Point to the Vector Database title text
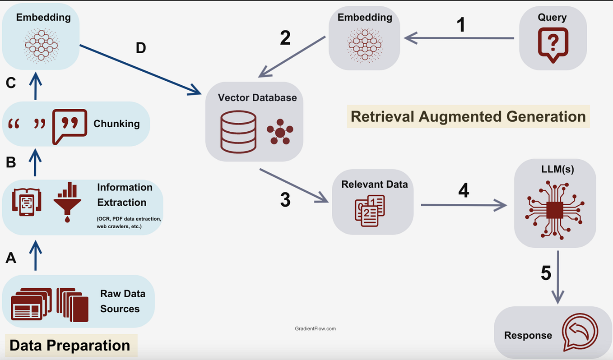point(257,97)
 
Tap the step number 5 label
point(546,273)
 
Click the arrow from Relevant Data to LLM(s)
point(463,205)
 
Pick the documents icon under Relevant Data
point(370,210)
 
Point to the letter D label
point(141,48)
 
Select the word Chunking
point(116,124)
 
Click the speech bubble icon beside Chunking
point(69,126)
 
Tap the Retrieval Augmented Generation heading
point(468,116)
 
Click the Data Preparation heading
point(70,346)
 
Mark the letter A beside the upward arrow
point(11,258)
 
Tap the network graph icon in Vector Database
point(279,131)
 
